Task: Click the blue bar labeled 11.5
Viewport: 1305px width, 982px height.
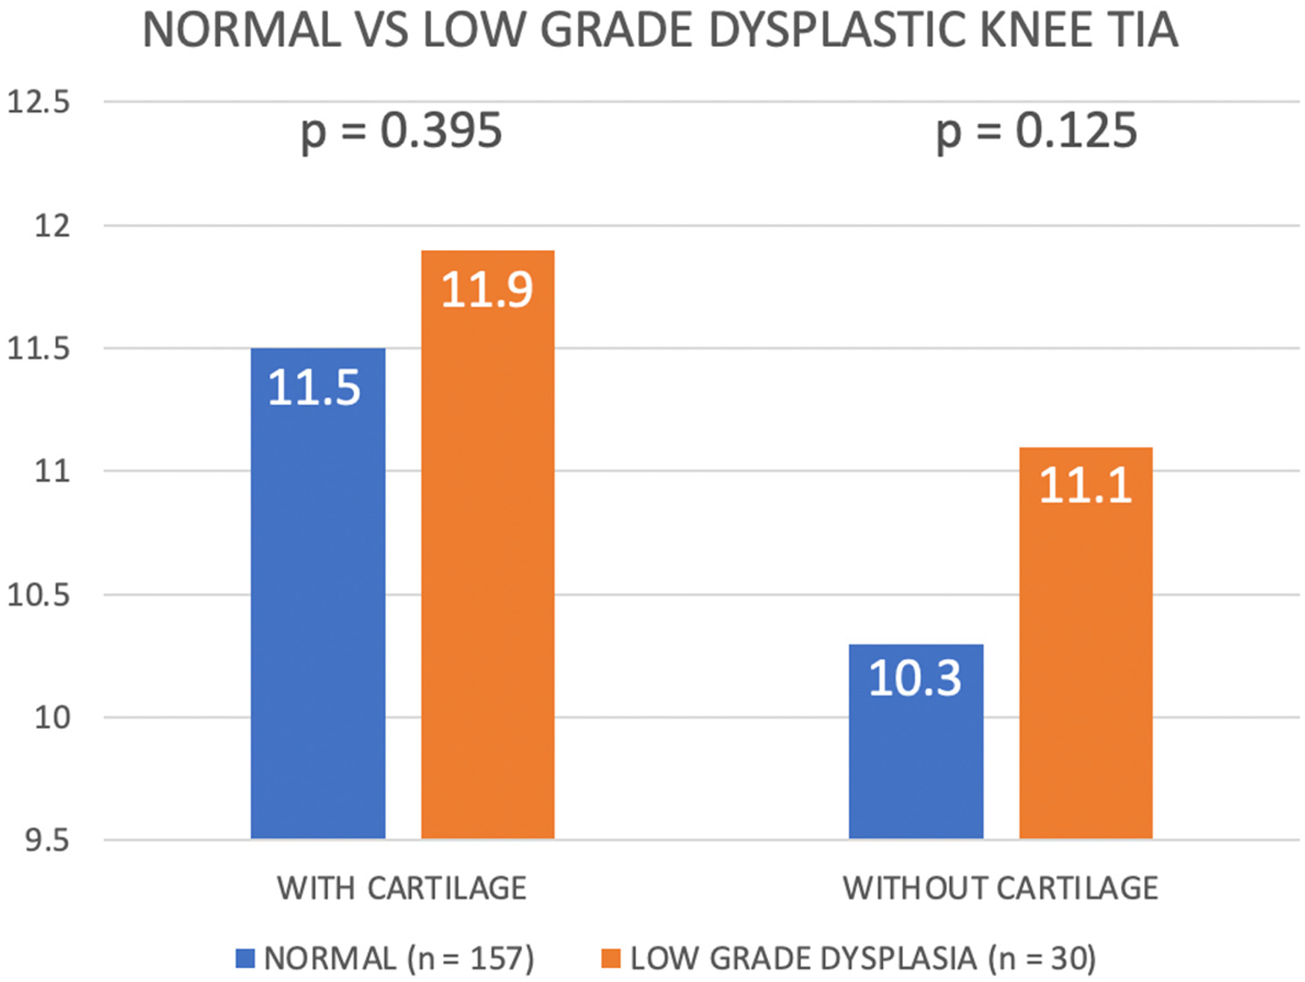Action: pyautogui.click(x=318, y=593)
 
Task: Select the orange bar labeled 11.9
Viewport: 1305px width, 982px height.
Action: pyautogui.click(x=488, y=545)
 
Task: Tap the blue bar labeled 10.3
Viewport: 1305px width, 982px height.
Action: pyautogui.click(x=916, y=742)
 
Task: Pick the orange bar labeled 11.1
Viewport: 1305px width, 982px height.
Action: pyautogui.click(x=1086, y=643)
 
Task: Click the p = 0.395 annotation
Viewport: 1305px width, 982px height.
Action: pyautogui.click(x=401, y=132)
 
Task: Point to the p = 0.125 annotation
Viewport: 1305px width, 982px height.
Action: pyautogui.click(x=1037, y=132)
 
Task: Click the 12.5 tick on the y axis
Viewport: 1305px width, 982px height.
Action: pyautogui.click(x=38, y=101)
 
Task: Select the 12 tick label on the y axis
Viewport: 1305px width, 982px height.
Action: pyautogui.click(x=52, y=225)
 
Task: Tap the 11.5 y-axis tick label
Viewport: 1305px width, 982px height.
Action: pyautogui.click(x=38, y=348)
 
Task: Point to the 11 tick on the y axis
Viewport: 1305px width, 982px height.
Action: pyautogui.click(x=52, y=471)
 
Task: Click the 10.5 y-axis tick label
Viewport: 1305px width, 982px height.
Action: pyautogui.click(x=38, y=595)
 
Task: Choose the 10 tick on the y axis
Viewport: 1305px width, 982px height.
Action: pyautogui.click(x=52, y=717)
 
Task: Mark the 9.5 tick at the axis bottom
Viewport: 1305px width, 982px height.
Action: pyautogui.click(x=47, y=840)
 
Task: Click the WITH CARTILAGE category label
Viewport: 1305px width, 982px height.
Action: pyautogui.click(x=402, y=888)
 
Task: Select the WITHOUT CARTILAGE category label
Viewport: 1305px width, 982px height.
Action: pyautogui.click(x=1001, y=888)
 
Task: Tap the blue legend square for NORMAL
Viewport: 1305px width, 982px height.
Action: pyautogui.click(x=245, y=958)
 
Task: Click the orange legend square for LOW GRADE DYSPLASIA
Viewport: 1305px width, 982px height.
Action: pyautogui.click(x=611, y=958)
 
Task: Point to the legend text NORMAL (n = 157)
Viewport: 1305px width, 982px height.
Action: pyautogui.click(x=399, y=959)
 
